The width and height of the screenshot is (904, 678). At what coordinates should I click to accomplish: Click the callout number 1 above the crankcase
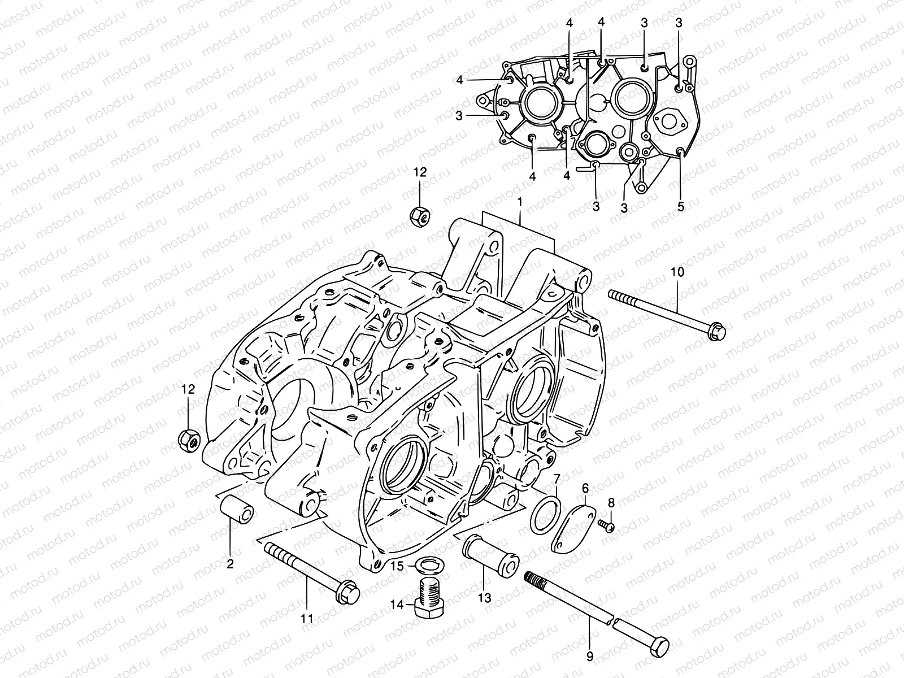point(520,202)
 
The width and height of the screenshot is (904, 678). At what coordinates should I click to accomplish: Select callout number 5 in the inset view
point(680,207)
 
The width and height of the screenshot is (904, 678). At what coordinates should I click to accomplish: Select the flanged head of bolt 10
point(716,330)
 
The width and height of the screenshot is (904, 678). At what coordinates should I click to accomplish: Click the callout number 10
point(677,272)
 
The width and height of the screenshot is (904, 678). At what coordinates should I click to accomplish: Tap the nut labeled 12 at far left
point(188,439)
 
